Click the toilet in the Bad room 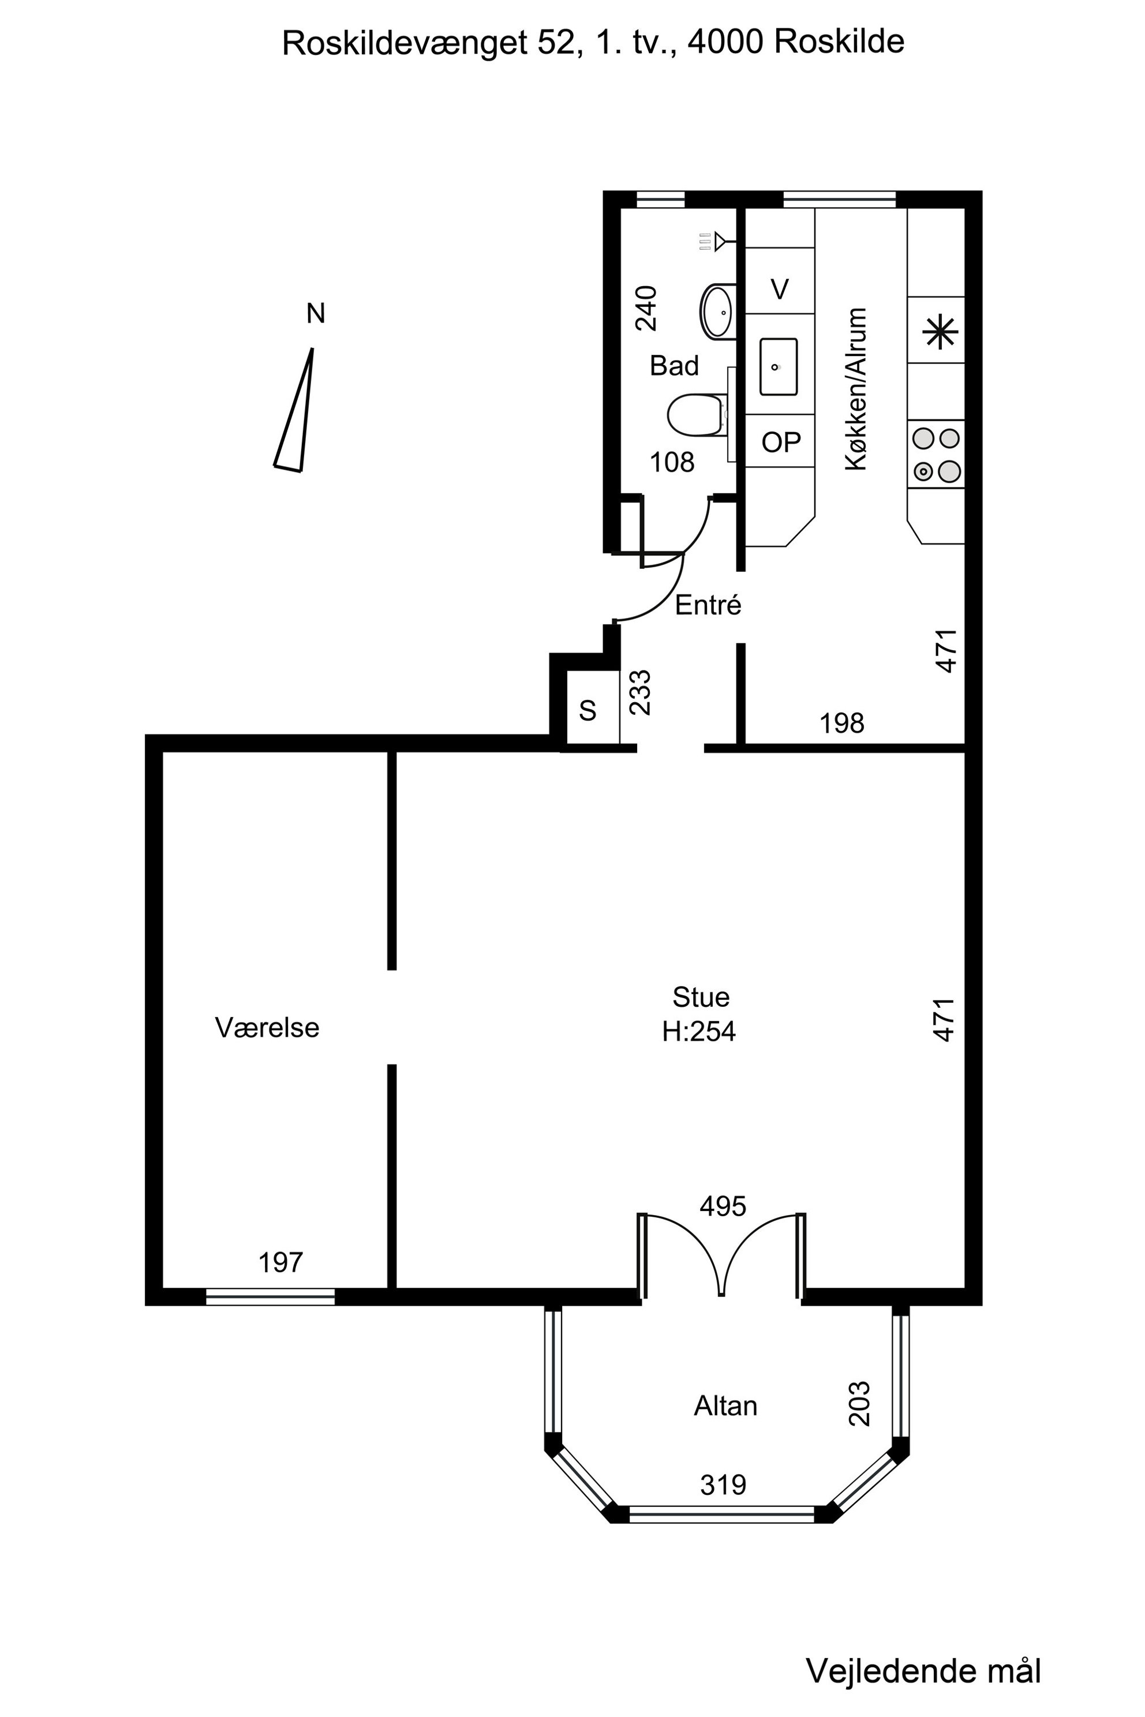(697, 415)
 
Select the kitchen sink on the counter (778, 366)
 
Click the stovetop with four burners (936, 454)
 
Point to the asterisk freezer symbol (940, 333)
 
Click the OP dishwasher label (781, 442)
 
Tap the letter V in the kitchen (780, 290)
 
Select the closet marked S (589, 710)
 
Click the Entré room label (708, 605)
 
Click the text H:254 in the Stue (699, 1031)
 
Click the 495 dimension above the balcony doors (723, 1206)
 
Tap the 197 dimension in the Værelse (280, 1262)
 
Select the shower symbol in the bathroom (712, 241)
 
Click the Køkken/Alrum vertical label (855, 389)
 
